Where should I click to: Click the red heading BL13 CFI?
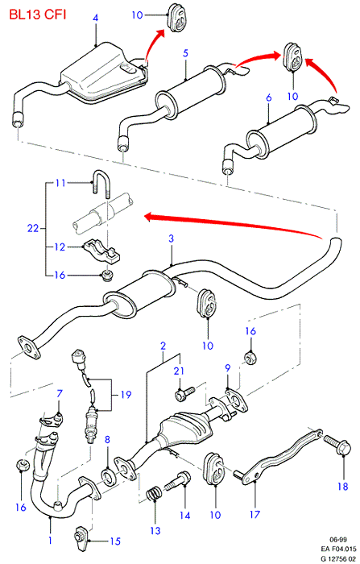tap(37, 15)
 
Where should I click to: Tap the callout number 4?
tap(95, 18)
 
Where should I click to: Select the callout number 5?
tap(185, 53)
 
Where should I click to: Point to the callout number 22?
tap(33, 228)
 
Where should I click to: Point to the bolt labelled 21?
tap(184, 393)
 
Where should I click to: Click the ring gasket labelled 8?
tap(108, 477)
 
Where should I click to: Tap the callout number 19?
tap(126, 395)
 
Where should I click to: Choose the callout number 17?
tap(254, 514)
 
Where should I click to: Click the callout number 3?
tap(171, 238)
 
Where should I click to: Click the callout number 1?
tap(51, 541)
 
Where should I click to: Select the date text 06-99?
tap(338, 539)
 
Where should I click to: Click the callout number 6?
tap(269, 97)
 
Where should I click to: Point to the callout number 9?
tap(228, 367)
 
